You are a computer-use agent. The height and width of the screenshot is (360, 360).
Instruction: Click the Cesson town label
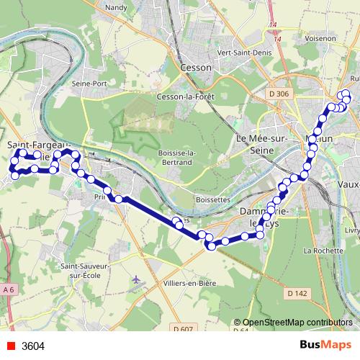[x=197, y=67]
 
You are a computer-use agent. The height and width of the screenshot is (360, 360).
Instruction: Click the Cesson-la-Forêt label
[x=187, y=96]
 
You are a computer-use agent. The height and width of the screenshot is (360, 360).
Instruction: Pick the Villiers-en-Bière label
[x=189, y=284]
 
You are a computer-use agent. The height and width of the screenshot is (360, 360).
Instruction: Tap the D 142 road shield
[x=297, y=293]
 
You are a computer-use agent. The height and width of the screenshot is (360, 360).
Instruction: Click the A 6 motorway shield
[x=9, y=289]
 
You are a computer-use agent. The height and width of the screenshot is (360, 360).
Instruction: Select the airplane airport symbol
[x=138, y=279]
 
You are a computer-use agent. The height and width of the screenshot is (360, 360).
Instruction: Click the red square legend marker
[x=10, y=346]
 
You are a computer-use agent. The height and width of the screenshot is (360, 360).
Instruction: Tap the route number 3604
[x=33, y=346]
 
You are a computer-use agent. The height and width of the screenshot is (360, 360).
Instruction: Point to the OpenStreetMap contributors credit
[x=297, y=323]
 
